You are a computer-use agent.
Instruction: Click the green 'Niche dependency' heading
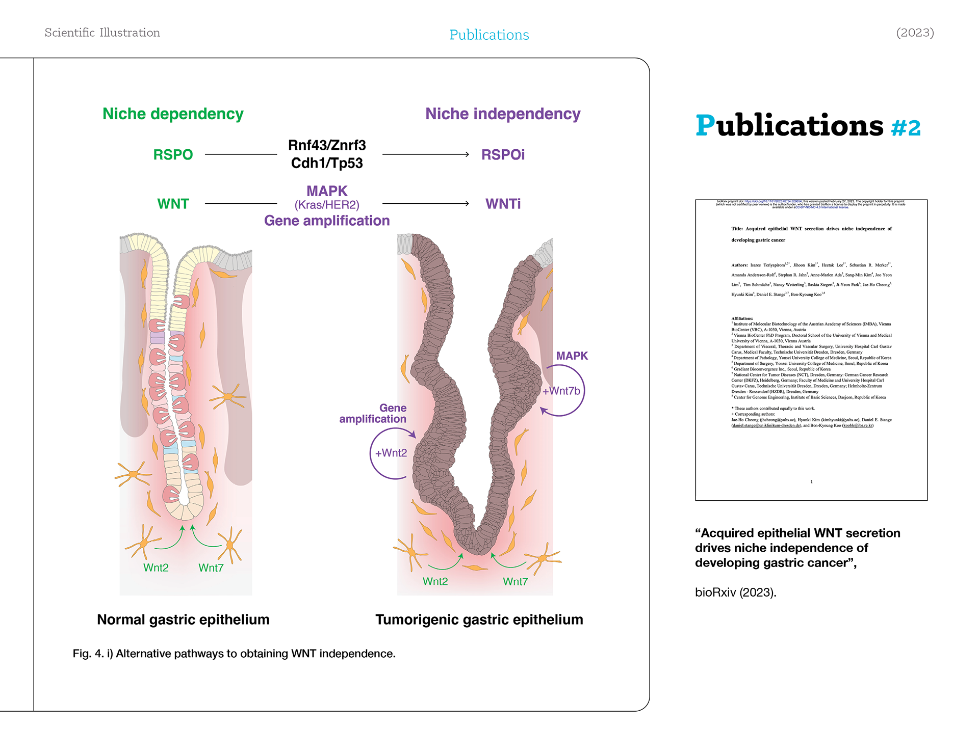(173, 114)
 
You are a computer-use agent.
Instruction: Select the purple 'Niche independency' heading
(503, 114)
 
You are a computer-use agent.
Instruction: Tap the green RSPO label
(173, 154)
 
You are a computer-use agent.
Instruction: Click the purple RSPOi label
(503, 154)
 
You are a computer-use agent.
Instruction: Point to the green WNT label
(173, 204)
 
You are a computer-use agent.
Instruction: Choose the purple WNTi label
(503, 204)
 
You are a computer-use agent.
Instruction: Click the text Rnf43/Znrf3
(327, 145)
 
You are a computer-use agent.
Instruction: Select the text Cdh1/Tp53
(327, 163)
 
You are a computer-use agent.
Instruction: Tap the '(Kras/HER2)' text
(327, 205)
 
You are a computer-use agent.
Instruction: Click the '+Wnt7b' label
(561, 391)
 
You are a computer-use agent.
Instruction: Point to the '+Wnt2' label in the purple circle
(391, 453)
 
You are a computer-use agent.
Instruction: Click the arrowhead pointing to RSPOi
(467, 154)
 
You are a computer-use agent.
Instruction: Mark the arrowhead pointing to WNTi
(467, 204)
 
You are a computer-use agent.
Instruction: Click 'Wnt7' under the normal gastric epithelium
(211, 568)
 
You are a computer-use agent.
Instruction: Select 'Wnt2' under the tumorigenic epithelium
(435, 581)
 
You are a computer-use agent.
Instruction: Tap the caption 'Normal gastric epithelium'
(183, 619)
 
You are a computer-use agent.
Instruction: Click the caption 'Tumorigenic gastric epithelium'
(479, 619)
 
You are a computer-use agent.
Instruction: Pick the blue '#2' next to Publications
(906, 128)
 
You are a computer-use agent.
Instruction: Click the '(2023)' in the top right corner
(915, 33)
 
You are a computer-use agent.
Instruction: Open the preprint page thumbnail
(811, 350)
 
